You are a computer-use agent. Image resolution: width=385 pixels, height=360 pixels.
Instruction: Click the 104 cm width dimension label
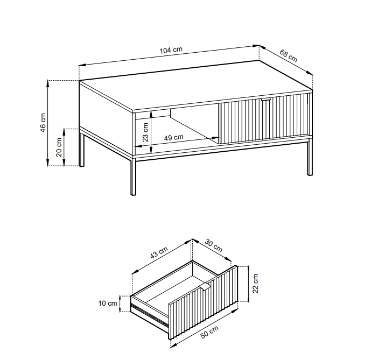tap(171, 50)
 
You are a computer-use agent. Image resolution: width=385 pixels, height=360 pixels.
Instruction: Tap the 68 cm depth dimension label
tap(289, 56)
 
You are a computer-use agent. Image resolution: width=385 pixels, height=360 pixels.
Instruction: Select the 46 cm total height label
tap(43, 123)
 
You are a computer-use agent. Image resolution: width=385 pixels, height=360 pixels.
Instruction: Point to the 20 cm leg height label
tap(59, 147)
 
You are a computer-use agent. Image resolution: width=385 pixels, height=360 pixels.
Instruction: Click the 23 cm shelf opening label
tap(145, 132)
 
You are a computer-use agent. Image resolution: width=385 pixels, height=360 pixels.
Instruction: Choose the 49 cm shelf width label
tap(173, 137)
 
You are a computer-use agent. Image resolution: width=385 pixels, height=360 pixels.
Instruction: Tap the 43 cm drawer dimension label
tap(159, 252)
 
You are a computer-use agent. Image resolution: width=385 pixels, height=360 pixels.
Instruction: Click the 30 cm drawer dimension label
tap(214, 246)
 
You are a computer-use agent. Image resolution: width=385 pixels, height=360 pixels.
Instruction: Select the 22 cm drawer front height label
tap(255, 284)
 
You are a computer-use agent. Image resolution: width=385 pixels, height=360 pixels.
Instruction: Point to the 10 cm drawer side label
tap(108, 303)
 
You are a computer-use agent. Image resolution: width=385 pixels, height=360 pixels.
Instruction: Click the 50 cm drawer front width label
tap(209, 332)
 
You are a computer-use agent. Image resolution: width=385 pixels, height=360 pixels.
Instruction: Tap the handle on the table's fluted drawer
tap(265, 100)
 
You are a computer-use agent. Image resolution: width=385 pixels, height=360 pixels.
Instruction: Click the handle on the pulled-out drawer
tap(204, 286)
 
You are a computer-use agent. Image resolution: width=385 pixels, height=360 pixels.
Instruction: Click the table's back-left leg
tap(81, 149)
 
